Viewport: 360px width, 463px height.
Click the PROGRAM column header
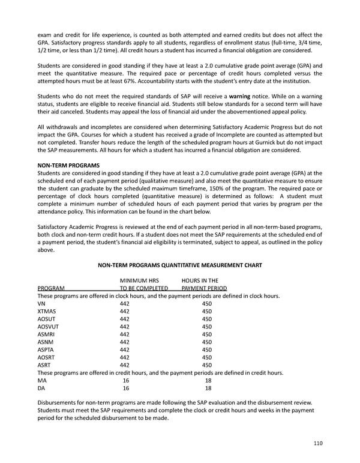click(51, 288)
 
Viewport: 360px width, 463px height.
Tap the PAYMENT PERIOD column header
click(204, 288)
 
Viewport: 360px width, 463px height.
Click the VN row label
click(41, 304)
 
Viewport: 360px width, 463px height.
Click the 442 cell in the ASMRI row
click(125, 334)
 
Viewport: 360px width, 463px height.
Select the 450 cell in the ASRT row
click(207, 365)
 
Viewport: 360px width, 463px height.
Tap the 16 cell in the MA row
click(125, 380)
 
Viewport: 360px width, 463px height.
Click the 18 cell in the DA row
click(207, 388)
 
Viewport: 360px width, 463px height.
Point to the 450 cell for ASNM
click(207, 342)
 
